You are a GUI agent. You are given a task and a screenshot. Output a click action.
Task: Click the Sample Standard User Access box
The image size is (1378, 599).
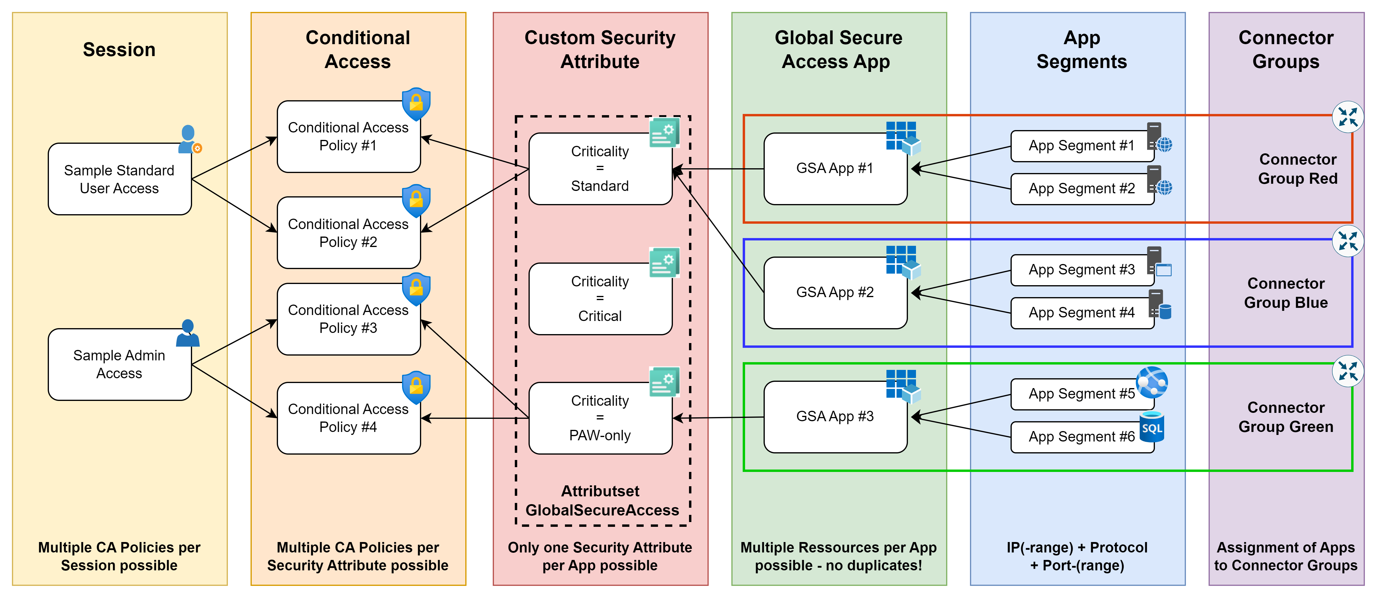pyautogui.click(x=119, y=179)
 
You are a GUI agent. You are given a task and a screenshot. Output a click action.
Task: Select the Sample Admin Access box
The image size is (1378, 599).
pyautogui.click(x=119, y=364)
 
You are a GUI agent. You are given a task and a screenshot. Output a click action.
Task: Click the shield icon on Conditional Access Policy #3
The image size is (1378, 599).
pyautogui.click(x=416, y=289)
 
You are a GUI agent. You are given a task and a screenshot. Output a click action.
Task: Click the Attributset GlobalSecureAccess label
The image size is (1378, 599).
pyautogui.click(x=602, y=501)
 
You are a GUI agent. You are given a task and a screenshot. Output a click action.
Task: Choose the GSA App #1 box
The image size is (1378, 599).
pyautogui.click(x=835, y=169)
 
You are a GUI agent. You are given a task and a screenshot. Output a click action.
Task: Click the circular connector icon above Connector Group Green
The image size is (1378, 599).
pyautogui.click(x=1348, y=371)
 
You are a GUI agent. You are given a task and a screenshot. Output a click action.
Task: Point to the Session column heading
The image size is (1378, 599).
pyautogui.click(x=119, y=50)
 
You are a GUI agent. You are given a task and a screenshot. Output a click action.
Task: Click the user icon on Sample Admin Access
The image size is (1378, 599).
pyautogui.click(x=188, y=333)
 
